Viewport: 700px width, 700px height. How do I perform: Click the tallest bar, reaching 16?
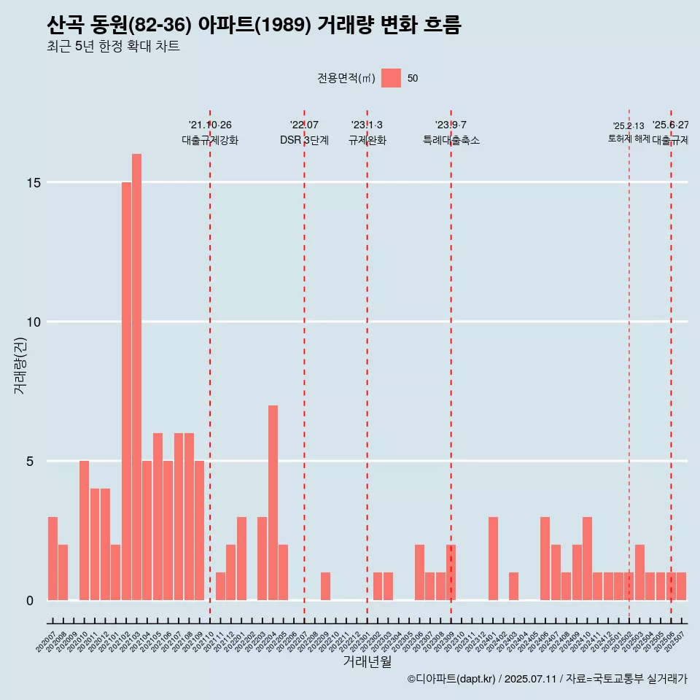pyautogui.click(x=136, y=376)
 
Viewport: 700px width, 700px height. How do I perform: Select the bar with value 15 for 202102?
pyautogui.click(x=126, y=391)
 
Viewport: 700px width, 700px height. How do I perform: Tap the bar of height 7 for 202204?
pyautogui.click(x=273, y=502)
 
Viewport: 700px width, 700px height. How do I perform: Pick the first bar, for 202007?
pyautogui.click(x=52, y=559)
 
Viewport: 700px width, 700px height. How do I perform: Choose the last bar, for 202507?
pyautogui.click(x=681, y=586)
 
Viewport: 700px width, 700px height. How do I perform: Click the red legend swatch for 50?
pyautogui.click(x=391, y=78)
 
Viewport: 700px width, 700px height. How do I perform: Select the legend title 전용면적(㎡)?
pyautogui.click(x=346, y=79)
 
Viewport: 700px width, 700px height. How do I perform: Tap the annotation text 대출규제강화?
pyautogui.click(x=210, y=140)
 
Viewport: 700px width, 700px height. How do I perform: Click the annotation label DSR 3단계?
pyautogui.click(x=304, y=140)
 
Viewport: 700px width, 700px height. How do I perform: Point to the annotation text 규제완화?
pyautogui.click(x=367, y=140)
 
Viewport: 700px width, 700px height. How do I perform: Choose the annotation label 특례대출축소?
pyautogui.click(x=451, y=140)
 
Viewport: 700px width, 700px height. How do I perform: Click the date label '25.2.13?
pyautogui.click(x=628, y=126)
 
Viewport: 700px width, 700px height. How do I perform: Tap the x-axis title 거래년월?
pyautogui.click(x=367, y=662)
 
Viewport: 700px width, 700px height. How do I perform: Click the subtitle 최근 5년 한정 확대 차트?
pyautogui.click(x=113, y=47)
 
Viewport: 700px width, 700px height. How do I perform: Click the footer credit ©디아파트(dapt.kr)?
pyautogui.click(x=450, y=679)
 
